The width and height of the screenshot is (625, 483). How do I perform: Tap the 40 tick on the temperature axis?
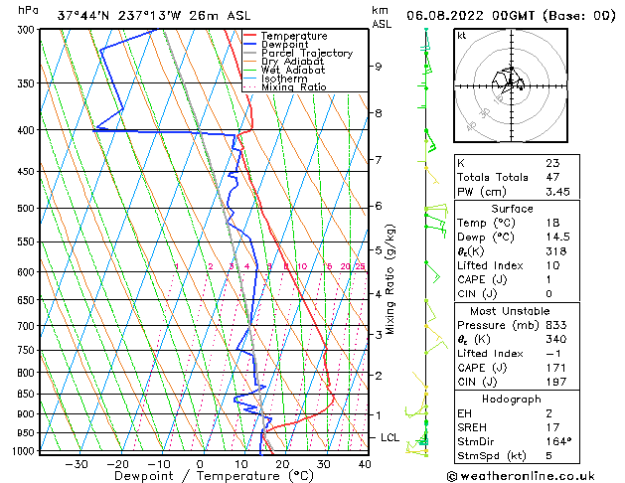365,464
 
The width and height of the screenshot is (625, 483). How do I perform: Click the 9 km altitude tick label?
379,67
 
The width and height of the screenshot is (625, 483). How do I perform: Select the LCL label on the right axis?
391,437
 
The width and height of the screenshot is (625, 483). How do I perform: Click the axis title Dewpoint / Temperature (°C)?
199,476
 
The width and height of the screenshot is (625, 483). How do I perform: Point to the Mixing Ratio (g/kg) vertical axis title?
391,279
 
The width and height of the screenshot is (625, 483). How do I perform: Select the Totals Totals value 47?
552,177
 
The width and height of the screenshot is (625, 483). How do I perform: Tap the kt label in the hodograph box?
462,35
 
